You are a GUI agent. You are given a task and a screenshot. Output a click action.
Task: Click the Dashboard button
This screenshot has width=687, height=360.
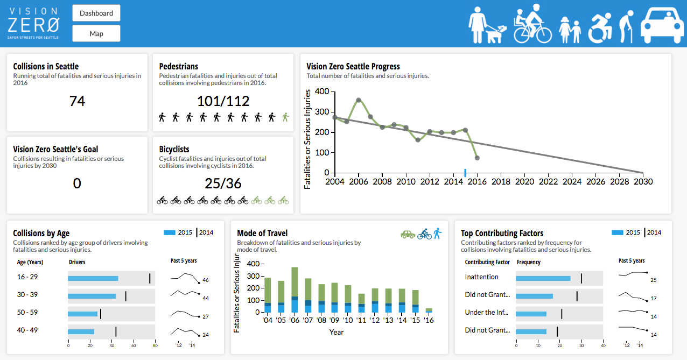tap(96, 13)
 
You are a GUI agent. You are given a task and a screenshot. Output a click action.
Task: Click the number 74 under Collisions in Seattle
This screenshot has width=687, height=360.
tap(77, 101)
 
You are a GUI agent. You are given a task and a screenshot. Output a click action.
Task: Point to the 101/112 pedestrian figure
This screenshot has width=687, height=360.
tap(223, 101)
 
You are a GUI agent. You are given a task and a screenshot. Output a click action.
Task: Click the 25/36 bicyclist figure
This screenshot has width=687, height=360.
tap(223, 183)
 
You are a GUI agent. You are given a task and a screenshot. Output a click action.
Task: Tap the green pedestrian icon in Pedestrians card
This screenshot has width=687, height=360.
tap(285, 117)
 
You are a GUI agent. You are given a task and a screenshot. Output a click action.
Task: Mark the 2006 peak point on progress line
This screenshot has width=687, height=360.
tap(359, 100)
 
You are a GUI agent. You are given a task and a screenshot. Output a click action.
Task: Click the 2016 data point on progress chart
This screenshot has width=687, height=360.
tap(477, 158)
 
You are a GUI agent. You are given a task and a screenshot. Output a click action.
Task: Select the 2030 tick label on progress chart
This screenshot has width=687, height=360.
tap(642, 182)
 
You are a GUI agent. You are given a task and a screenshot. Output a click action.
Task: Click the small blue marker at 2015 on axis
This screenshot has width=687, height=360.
tap(465, 172)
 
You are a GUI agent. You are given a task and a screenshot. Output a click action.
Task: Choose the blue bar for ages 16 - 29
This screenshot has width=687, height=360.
tap(93, 278)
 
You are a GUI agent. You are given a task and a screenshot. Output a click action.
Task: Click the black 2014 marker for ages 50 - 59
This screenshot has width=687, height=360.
tap(101, 314)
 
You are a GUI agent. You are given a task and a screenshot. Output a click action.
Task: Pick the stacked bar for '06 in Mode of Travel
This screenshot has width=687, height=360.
tap(295, 290)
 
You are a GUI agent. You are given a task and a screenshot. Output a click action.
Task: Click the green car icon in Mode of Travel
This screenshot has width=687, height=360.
tap(408, 234)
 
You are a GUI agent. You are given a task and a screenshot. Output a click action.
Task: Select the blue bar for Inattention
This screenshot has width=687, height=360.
tap(543, 278)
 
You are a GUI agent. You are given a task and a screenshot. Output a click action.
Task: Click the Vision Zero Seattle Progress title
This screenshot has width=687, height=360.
tap(353, 67)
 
